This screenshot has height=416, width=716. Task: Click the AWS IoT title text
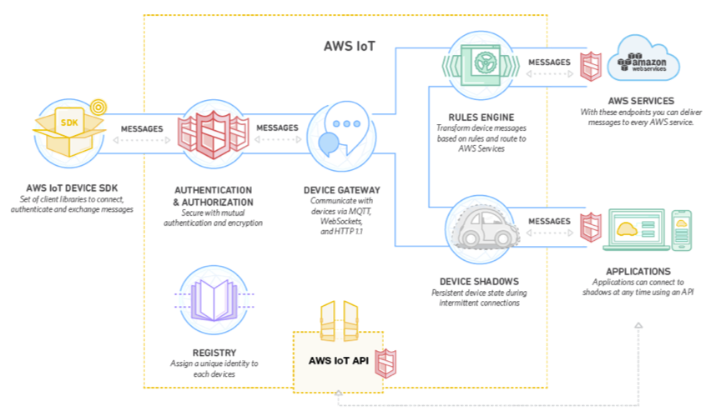point(350,46)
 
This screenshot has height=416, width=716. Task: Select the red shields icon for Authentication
point(214,134)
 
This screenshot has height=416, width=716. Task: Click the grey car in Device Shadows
point(487,228)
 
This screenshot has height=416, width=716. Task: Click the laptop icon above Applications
point(636,230)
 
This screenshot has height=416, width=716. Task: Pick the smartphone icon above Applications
point(681,230)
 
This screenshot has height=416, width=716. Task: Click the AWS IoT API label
point(338,361)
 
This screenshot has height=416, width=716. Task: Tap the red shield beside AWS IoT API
point(386,363)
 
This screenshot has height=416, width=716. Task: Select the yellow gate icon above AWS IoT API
point(339,321)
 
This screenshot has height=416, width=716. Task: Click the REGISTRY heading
point(214,353)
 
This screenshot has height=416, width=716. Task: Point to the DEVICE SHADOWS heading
point(479,282)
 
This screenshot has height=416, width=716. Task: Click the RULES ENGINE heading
point(482,118)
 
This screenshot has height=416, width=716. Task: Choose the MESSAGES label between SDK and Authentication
point(142,129)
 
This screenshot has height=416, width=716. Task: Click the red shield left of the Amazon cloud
point(591,67)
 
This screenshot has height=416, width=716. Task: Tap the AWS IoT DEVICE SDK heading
point(72,188)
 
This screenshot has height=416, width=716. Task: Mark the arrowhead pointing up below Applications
point(638,325)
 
